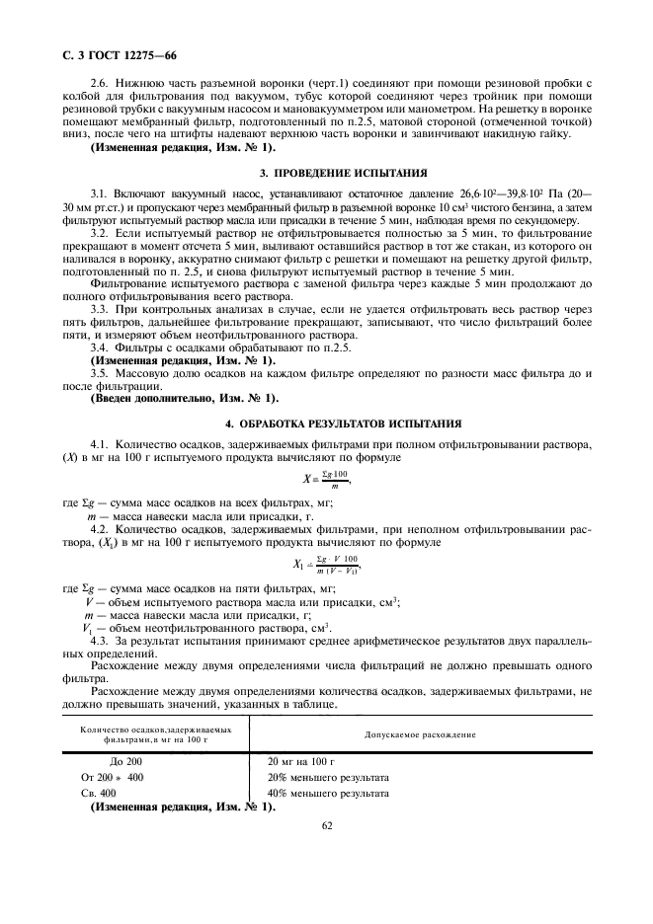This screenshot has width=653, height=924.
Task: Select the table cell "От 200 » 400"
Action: tap(113, 776)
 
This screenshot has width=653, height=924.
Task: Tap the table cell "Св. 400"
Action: tap(99, 792)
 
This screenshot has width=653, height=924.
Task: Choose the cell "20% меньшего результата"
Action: tap(328, 776)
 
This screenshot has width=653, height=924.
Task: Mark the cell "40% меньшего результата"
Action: tap(328, 792)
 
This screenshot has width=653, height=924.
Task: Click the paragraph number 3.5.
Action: tap(99, 374)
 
